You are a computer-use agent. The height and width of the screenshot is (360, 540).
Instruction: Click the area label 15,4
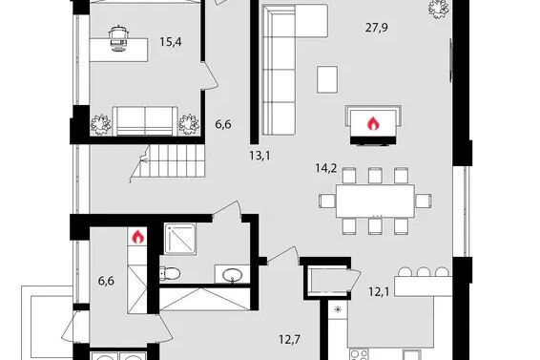pos(171,42)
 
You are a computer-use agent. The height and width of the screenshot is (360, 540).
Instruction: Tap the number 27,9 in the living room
pos(377,28)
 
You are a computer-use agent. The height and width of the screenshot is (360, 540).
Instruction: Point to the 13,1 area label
pos(260,156)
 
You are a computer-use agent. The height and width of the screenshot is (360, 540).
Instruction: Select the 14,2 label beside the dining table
pos(326,168)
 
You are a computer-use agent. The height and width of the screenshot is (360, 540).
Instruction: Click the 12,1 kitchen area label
pos(379,292)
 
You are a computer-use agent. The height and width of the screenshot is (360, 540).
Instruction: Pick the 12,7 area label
pos(290,340)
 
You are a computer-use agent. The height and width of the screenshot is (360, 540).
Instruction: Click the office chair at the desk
pos(119,38)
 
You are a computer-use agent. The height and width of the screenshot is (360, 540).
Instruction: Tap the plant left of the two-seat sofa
pos(100,124)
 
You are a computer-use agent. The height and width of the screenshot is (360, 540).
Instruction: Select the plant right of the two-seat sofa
pos(189,124)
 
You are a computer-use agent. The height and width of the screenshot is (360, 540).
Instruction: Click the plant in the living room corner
pos(439,9)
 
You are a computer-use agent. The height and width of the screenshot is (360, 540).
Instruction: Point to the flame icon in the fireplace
pos(373,123)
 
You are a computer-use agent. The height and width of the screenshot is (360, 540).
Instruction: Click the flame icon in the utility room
pos(137,237)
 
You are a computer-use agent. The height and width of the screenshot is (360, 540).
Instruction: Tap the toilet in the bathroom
pos(170,274)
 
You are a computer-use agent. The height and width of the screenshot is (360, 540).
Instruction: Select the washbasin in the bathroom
pos(232,276)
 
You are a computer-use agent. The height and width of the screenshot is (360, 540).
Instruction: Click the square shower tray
pos(180,240)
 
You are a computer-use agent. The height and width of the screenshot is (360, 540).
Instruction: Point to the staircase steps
pos(173,161)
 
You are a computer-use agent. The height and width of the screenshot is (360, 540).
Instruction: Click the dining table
pos(375,201)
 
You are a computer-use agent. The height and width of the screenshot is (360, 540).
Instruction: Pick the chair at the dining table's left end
pos(327,201)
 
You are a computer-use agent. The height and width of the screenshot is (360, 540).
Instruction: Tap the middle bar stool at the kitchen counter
pos(424,272)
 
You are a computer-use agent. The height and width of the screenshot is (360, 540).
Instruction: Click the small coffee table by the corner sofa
pos(327,79)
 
